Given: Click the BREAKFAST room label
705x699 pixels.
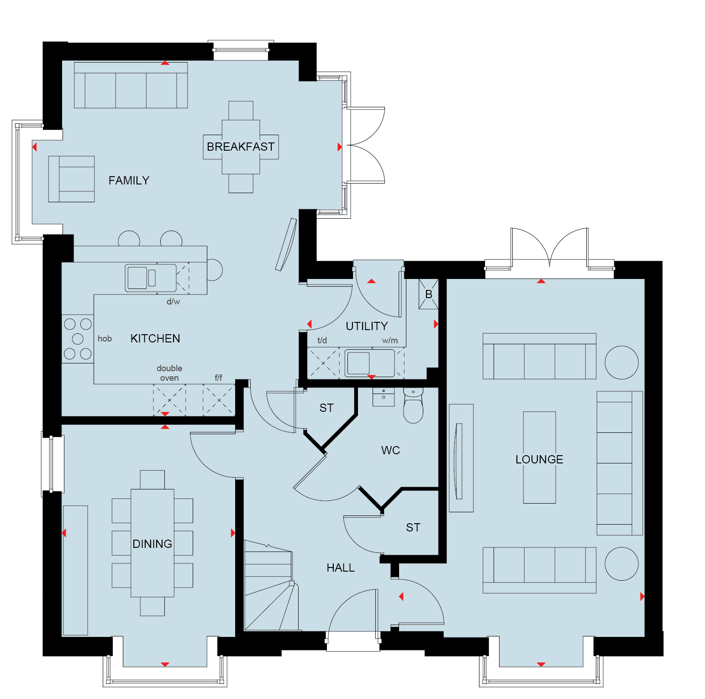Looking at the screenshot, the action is click(241, 147).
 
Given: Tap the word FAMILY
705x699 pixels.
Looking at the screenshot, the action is click(129, 181).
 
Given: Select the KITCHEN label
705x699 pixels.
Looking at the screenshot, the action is click(155, 338).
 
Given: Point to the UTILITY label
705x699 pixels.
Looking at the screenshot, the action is click(367, 326).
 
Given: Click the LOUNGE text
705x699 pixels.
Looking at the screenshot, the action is click(539, 459).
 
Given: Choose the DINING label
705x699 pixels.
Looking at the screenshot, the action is click(152, 544).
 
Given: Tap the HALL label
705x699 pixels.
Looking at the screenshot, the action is click(341, 568).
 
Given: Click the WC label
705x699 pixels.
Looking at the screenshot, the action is click(390, 450).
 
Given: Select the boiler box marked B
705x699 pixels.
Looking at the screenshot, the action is click(428, 294).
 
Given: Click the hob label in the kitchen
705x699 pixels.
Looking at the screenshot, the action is click(105, 338).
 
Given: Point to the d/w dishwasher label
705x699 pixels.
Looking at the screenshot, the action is click(173, 301).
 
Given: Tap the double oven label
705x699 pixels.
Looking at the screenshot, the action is click(169, 373).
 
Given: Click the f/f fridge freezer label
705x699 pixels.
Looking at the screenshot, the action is click(218, 378).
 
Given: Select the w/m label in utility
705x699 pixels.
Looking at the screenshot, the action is click(390, 341).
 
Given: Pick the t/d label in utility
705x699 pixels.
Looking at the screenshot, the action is click(322, 340).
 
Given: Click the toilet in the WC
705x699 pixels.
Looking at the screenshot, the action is click(413, 406).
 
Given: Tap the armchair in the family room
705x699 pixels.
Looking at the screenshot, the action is click(71, 179).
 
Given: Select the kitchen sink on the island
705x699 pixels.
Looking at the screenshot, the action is click(151, 278).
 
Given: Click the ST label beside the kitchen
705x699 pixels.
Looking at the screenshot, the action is click(326, 408).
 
